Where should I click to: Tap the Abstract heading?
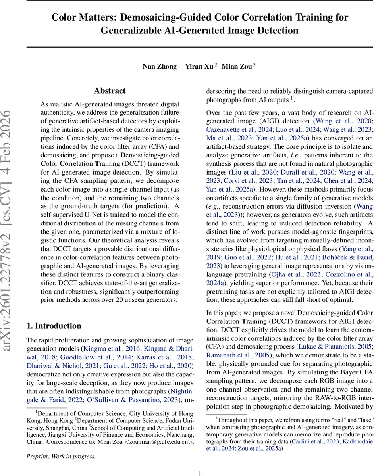click(x=110, y=91)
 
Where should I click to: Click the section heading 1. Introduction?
click(x=54, y=326)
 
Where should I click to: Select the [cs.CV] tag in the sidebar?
click(x=12, y=218)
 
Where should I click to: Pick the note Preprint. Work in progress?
click(x=61, y=456)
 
